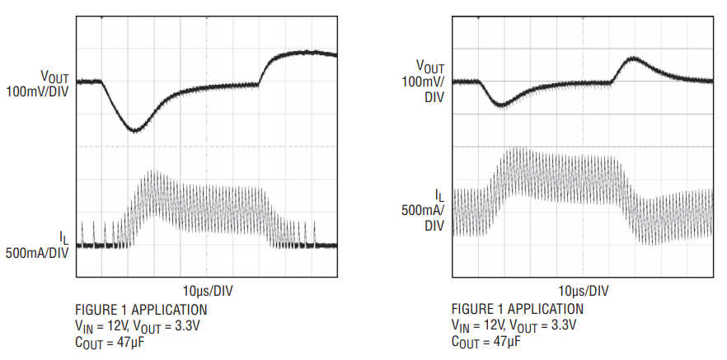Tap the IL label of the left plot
pyautogui.click(x=63, y=238)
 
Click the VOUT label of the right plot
pyautogui.click(x=429, y=67)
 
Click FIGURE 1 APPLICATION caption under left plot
pyautogui.click(x=141, y=310)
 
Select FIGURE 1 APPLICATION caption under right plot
pyautogui.click(x=517, y=310)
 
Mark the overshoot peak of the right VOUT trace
pyautogui.click(x=632, y=58)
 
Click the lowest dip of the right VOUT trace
pyautogui.click(x=501, y=105)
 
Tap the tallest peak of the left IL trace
pyautogui.click(x=152, y=172)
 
